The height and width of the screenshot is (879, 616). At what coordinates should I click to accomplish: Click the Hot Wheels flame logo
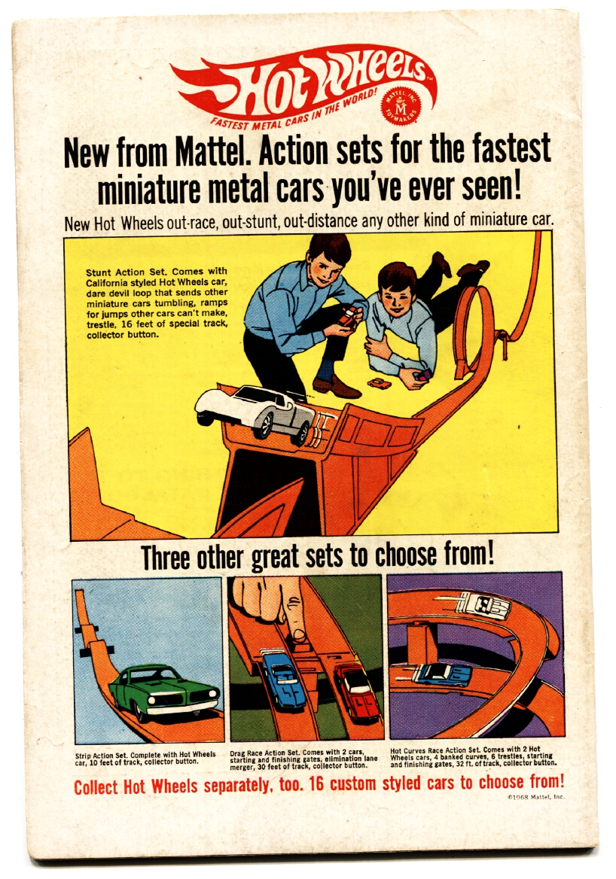tap(303, 84)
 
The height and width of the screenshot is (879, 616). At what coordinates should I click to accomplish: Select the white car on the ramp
tap(255, 412)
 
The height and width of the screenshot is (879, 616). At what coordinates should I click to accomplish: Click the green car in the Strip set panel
tap(164, 691)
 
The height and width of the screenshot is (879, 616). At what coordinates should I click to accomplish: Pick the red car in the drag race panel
tap(357, 691)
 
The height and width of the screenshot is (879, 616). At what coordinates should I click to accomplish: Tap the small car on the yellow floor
tap(380, 384)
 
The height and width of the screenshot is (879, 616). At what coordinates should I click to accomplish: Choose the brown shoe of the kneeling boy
tap(336, 387)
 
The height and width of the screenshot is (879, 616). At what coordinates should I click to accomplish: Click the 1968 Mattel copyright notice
tap(535, 796)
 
